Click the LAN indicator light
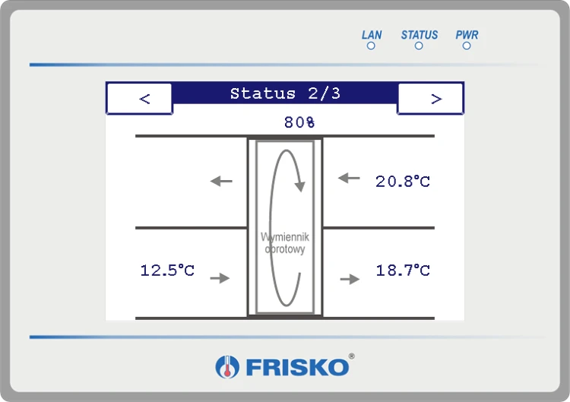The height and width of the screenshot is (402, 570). tap(371, 46)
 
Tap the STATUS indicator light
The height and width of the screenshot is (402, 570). tap(419, 46)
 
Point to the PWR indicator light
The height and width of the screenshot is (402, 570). tap(467, 46)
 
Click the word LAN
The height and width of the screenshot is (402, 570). tap(372, 35)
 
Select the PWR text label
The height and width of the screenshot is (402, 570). tap(467, 35)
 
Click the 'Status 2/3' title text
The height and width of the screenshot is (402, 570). tap(285, 93)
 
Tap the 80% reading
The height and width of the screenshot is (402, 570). tap(299, 122)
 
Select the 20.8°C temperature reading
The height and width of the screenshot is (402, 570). tap(403, 181)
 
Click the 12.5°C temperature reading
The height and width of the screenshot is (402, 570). tap(167, 270)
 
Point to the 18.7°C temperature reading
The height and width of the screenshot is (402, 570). tap(403, 270)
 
